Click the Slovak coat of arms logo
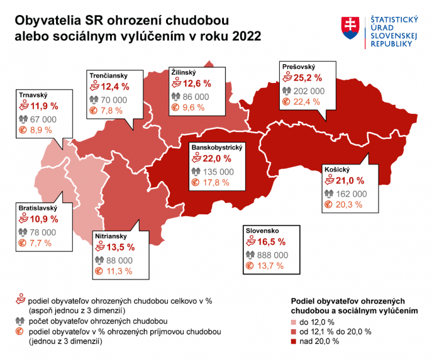click(350, 26)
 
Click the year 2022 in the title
click(245, 36)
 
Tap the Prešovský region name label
click(299, 67)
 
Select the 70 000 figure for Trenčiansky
click(114, 99)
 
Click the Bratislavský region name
click(37, 208)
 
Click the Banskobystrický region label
click(216, 146)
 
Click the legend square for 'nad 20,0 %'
click(294, 341)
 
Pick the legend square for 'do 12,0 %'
click(294, 321)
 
